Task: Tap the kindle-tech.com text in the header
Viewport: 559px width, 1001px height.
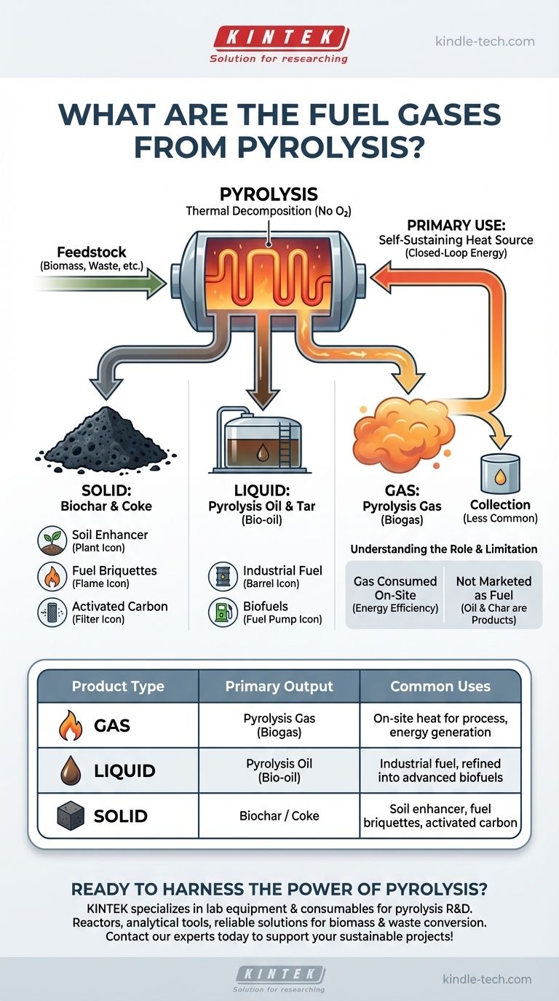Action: pyautogui.click(x=484, y=41)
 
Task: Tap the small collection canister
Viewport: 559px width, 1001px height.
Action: pyautogui.click(x=499, y=474)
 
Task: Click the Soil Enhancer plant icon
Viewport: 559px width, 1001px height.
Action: pyautogui.click(x=52, y=541)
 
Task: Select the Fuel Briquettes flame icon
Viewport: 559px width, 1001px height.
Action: pyautogui.click(x=52, y=577)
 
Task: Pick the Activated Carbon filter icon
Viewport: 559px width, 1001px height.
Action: pyautogui.click(x=52, y=613)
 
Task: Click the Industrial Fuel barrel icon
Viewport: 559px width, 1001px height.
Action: pyautogui.click(x=223, y=577)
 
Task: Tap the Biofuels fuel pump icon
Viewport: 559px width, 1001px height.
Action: pyautogui.click(x=223, y=613)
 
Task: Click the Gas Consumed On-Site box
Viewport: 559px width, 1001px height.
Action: pyautogui.click(x=395, y=595)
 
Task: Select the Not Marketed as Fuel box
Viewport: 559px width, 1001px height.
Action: pyautogui.click(x=493, y=595)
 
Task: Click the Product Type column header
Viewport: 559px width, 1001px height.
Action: pyautogui.click(x=117, y=687)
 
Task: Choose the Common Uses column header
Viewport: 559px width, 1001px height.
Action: pyautogui.click(x=440, y=687)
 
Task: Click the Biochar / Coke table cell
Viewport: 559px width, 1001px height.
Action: pyautogui.click(x=279, y=815)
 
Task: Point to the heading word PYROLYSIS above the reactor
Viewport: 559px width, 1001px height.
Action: pyautogui.click(x=269, y=194)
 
